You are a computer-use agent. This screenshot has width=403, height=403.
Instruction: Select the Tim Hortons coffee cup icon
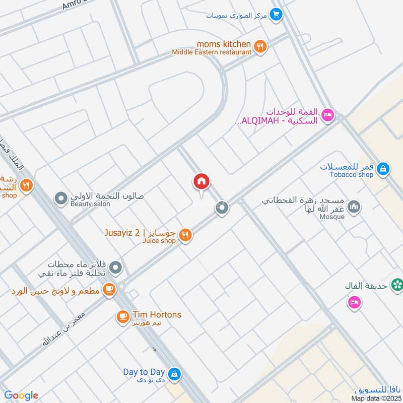[122, 316]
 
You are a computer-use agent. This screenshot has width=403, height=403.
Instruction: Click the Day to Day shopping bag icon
[174, 374]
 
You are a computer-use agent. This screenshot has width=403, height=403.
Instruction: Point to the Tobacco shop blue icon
[383, 169]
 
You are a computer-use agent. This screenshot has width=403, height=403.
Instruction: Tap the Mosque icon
[355, 207]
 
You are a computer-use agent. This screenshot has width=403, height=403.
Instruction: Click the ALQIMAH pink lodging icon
[328, 115]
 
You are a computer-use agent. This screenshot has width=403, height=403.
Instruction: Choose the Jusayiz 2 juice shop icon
[185, 235]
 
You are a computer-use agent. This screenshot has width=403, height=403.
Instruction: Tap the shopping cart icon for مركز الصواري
[275, 14]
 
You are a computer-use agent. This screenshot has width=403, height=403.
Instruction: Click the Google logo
[21, 395]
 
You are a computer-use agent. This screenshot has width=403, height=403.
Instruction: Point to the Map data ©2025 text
[376, 398]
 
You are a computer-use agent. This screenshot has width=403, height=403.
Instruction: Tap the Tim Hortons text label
[157, 314]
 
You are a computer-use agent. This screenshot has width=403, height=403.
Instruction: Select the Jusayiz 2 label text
[122, 232]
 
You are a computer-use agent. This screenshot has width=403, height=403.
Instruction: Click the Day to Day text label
[144, 372]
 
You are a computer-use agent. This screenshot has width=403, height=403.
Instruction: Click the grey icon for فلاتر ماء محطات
[116, 267]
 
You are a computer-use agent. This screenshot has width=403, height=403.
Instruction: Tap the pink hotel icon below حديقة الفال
[353, 303]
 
